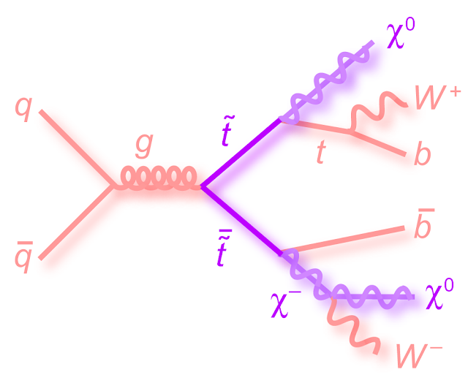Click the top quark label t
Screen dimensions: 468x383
point(320,152)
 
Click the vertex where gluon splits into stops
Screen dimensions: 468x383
point(201,187)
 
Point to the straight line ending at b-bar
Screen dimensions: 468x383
point(344,240)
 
